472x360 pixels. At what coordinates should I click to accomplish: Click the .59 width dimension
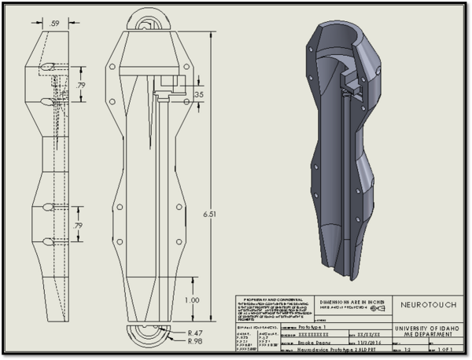(x=53, y=24)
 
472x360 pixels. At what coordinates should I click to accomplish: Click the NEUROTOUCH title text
(x=425, y=304)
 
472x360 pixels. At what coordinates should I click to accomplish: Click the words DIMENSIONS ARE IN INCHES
(x=350, y=301)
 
